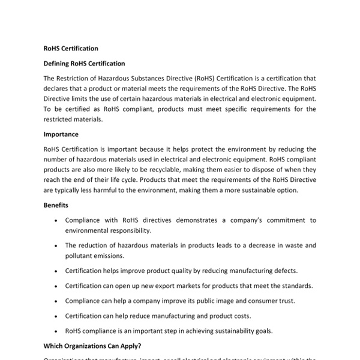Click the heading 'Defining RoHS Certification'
pyautogui.click(x=85, y=63)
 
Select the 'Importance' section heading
pyautogui.click(x=61, y=134)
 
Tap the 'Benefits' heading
pyautogui.click(x=56, y=205)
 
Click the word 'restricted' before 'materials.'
pyautogui.click(x=60, y=119)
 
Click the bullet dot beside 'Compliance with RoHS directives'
pyautogui.click(x=55, y=221)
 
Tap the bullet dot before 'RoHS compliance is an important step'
pyautogui.click(x=55, y=331)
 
